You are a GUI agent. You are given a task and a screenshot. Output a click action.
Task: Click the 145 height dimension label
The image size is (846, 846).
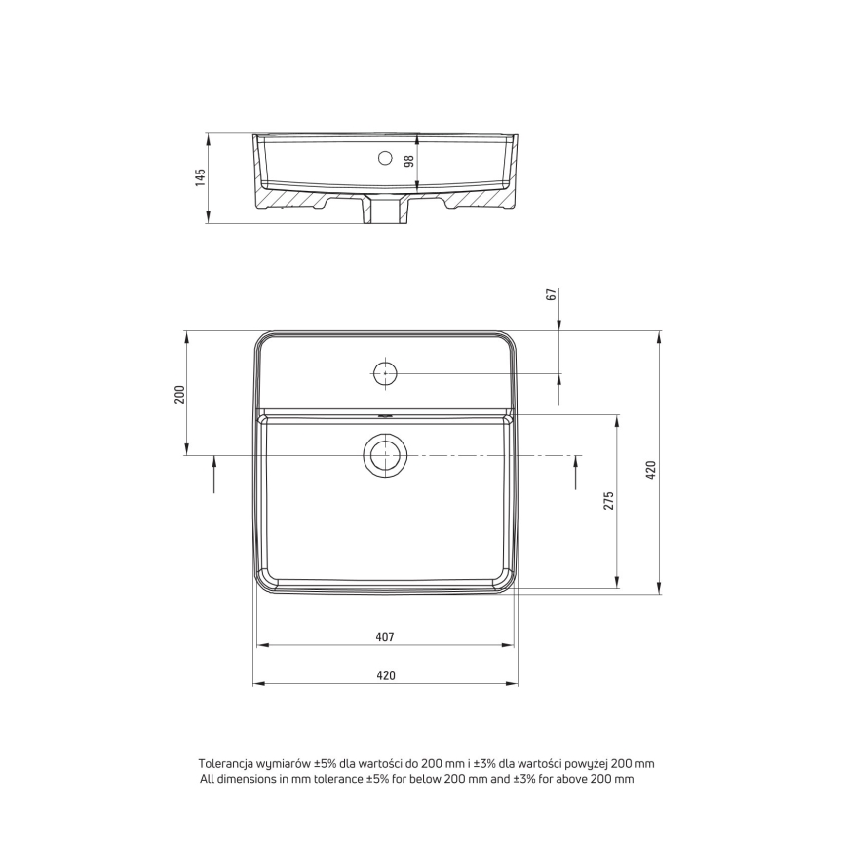tap(200, 178)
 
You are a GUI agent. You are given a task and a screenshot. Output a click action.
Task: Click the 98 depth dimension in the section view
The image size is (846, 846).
tap(409, 161)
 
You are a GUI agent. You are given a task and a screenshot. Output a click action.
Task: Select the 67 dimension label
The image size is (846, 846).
tap(551, 294)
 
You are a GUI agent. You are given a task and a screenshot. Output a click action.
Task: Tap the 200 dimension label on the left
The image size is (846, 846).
tap(179, 394)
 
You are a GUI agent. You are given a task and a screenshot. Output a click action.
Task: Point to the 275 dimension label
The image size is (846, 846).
tap(608, 501)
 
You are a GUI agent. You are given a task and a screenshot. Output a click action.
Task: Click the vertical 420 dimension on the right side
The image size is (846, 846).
tap(652, 470)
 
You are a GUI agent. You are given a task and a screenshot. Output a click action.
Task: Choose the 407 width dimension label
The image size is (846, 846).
tap(384, 636)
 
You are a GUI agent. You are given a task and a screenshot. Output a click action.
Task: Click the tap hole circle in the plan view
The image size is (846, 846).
tap(385, 373)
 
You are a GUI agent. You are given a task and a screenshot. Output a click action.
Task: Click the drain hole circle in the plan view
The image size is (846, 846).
tap(385, 455)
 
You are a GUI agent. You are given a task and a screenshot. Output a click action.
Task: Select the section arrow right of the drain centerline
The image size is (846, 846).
tap(576, 475)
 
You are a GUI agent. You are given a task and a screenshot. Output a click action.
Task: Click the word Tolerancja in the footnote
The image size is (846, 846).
tap(226, 764)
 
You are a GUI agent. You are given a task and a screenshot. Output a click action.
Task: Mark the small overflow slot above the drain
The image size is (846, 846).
tap(385, 416)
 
